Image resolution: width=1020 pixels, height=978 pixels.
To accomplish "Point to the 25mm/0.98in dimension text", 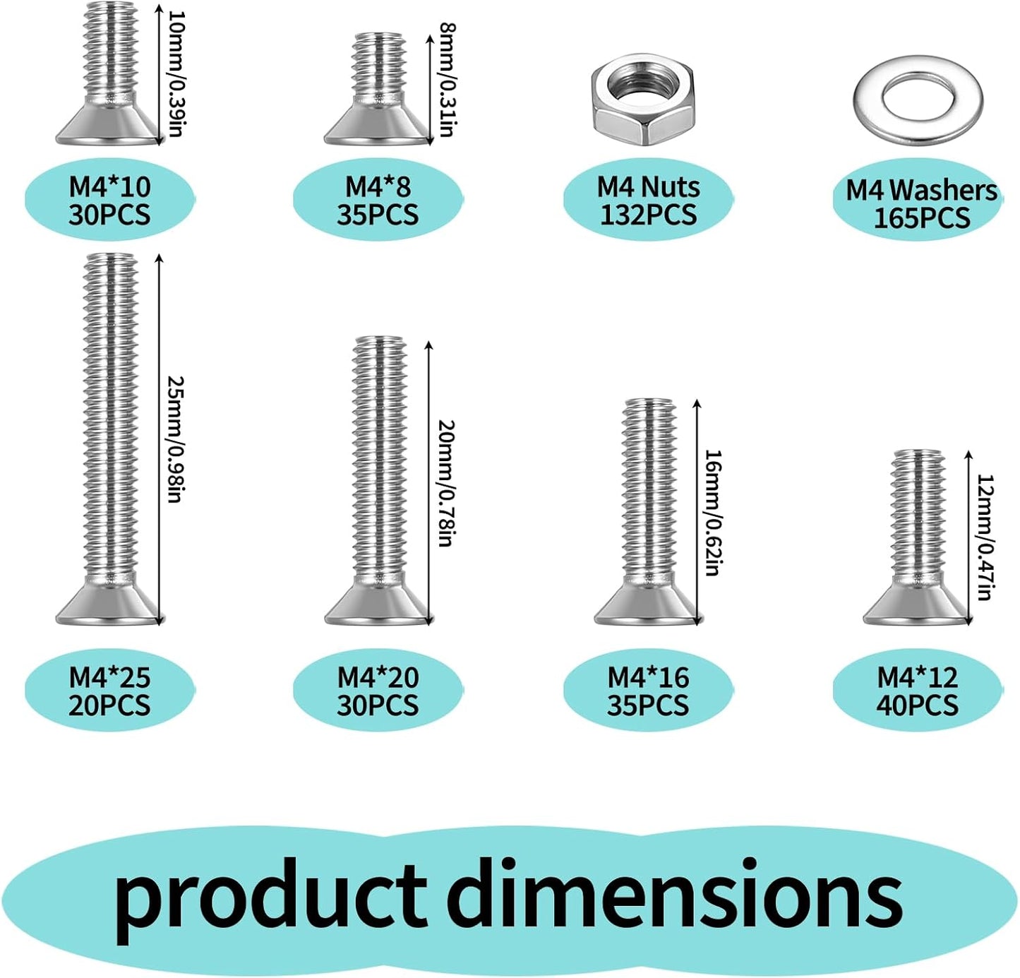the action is click(175, 439).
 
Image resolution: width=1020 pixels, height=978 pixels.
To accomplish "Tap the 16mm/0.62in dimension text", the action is click(714, 513).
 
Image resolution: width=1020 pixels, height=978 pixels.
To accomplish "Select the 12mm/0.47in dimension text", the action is click(985, 537).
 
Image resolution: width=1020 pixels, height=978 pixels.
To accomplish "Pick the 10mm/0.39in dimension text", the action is click(176, 73).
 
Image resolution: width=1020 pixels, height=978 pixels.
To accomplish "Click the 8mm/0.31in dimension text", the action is click(447, 79).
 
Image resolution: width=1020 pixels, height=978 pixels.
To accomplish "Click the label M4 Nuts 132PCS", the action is click(649, 201).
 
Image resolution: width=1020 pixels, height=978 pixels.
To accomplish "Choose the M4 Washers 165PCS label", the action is click(921, 204).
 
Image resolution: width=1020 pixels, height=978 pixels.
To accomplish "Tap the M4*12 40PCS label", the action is click(918, 691).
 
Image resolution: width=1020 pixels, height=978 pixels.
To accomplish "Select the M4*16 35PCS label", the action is click(648, 691).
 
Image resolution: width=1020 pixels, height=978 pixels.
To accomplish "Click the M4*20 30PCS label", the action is click(378, 691).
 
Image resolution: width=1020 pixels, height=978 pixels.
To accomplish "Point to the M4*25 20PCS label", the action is click(109, 691).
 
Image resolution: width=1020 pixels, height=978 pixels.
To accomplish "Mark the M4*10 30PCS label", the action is click(109, 201).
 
